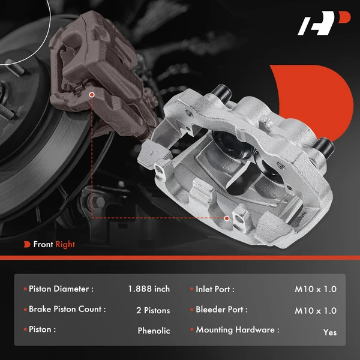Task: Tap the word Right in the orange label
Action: point(65,244)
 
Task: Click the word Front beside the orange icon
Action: point(43,244)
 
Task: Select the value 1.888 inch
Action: point(149,289)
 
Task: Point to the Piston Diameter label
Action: point(61,289)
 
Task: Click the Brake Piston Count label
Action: point(67,310)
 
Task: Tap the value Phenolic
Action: point(154,331)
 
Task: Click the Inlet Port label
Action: point(215,289)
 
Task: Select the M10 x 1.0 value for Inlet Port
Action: point(316,289)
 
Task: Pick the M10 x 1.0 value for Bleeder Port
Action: point(316,310)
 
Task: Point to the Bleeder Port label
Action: point(221,310)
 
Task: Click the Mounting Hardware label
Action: point(237,330)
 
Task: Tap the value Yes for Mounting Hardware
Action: point(329,332)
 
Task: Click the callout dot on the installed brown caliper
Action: point(92,95)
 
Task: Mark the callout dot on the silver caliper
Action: point(226,218)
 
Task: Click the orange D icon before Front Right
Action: point(27,244)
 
